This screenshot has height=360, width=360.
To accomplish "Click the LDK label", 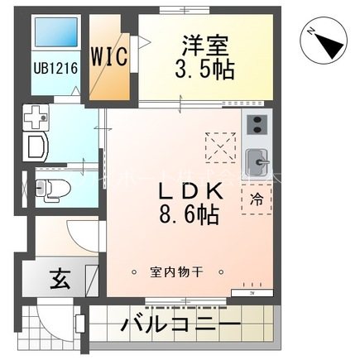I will pyautogui.click(x=189, y=189).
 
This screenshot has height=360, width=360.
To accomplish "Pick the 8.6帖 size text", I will pyautogui.click(x=189, y=216).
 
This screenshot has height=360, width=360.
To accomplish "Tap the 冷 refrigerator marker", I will pyautogui.click(x=257, y=199).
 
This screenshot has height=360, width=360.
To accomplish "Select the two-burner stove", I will pyautogui.click(x=257, y=126).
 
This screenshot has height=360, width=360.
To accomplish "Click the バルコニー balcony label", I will pyautogui.click(x=180, y=324).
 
